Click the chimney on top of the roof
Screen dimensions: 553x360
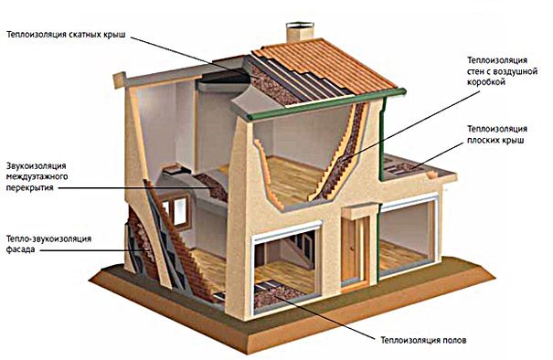point(300,33)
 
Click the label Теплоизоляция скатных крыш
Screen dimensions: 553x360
point(67,35)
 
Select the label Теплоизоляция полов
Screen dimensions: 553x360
point(423,340)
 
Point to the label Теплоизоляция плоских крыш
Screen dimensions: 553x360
point(497,134)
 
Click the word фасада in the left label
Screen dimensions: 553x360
point(20,250)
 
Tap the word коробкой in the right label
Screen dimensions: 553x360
point(486,82)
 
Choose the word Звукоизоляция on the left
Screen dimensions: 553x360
point(37,165)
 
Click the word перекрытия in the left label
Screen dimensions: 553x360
point(30,187)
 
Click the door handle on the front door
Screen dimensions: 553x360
point(352,249)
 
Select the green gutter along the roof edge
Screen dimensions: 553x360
point(326,104)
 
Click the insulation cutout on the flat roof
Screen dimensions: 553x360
point(402,167)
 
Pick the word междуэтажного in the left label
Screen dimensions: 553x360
point(37,176)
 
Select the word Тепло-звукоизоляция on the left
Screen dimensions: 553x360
point(48,239)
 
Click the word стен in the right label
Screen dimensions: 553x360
point(476,71)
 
